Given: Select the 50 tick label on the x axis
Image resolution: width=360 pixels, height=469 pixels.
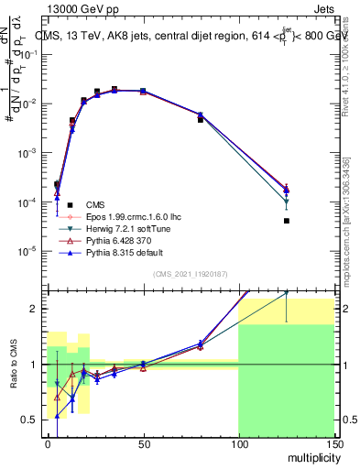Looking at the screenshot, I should (143, 442).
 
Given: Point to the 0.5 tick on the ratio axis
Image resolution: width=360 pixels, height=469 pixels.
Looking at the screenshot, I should (30, 420).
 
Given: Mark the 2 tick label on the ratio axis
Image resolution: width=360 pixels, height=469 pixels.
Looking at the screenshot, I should (35, 309).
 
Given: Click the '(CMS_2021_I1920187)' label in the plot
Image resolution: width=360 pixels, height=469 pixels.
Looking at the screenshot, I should (189, 274).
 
